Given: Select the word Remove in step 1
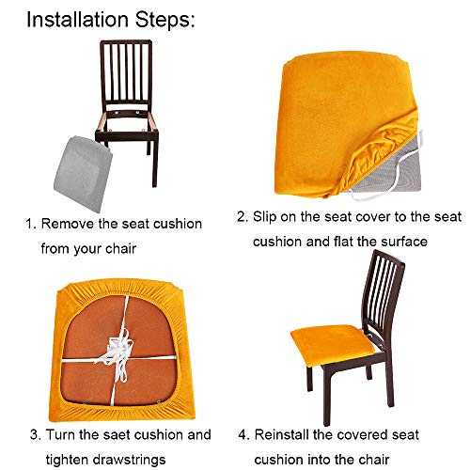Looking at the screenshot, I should (x=70, y=224).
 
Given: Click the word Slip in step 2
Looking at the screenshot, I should (x=267, y=216).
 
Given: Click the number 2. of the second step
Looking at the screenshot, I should (x=242, y=216).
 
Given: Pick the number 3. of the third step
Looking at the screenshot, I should (x=33, y=435).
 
